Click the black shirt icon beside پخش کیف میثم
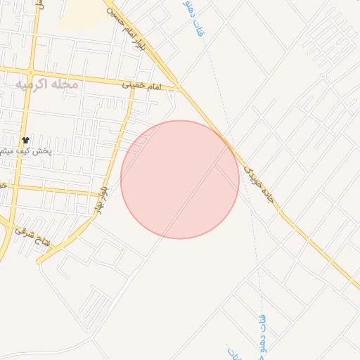click(x=25, y=141)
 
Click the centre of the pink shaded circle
click(x=180, y=179)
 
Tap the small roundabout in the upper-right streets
click(x=322, y=76)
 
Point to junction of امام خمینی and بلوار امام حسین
click(x=177, y=88)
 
